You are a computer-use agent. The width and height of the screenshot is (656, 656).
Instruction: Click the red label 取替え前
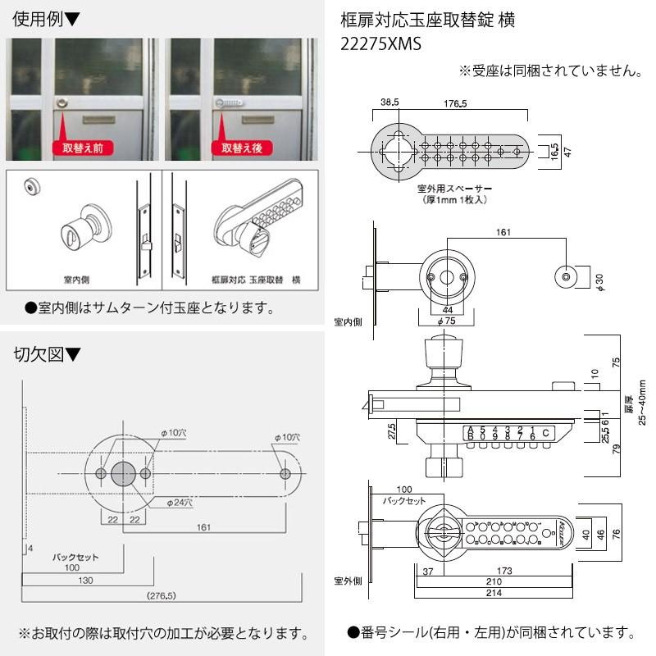pyautogui.click(x=82, y=148)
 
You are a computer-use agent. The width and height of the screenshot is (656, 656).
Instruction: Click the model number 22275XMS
pyautogui.click(x=380, y=45)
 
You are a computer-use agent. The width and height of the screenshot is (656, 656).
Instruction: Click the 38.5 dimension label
pyautogui.click(x=389, y=104)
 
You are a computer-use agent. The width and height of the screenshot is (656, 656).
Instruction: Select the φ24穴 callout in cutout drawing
pyautogui.click(x=180, y=502)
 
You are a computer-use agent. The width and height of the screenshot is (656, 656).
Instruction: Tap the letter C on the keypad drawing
pyautogui.click(x=546, y=432)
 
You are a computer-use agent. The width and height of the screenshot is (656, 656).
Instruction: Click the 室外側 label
pyautogui.click(x=348, y=581)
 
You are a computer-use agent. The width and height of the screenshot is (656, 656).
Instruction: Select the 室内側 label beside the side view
pyautogui.click(x=348, y=321)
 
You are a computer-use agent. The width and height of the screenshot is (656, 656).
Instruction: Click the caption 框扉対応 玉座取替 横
pyautogui.click(x=254, y=280)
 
